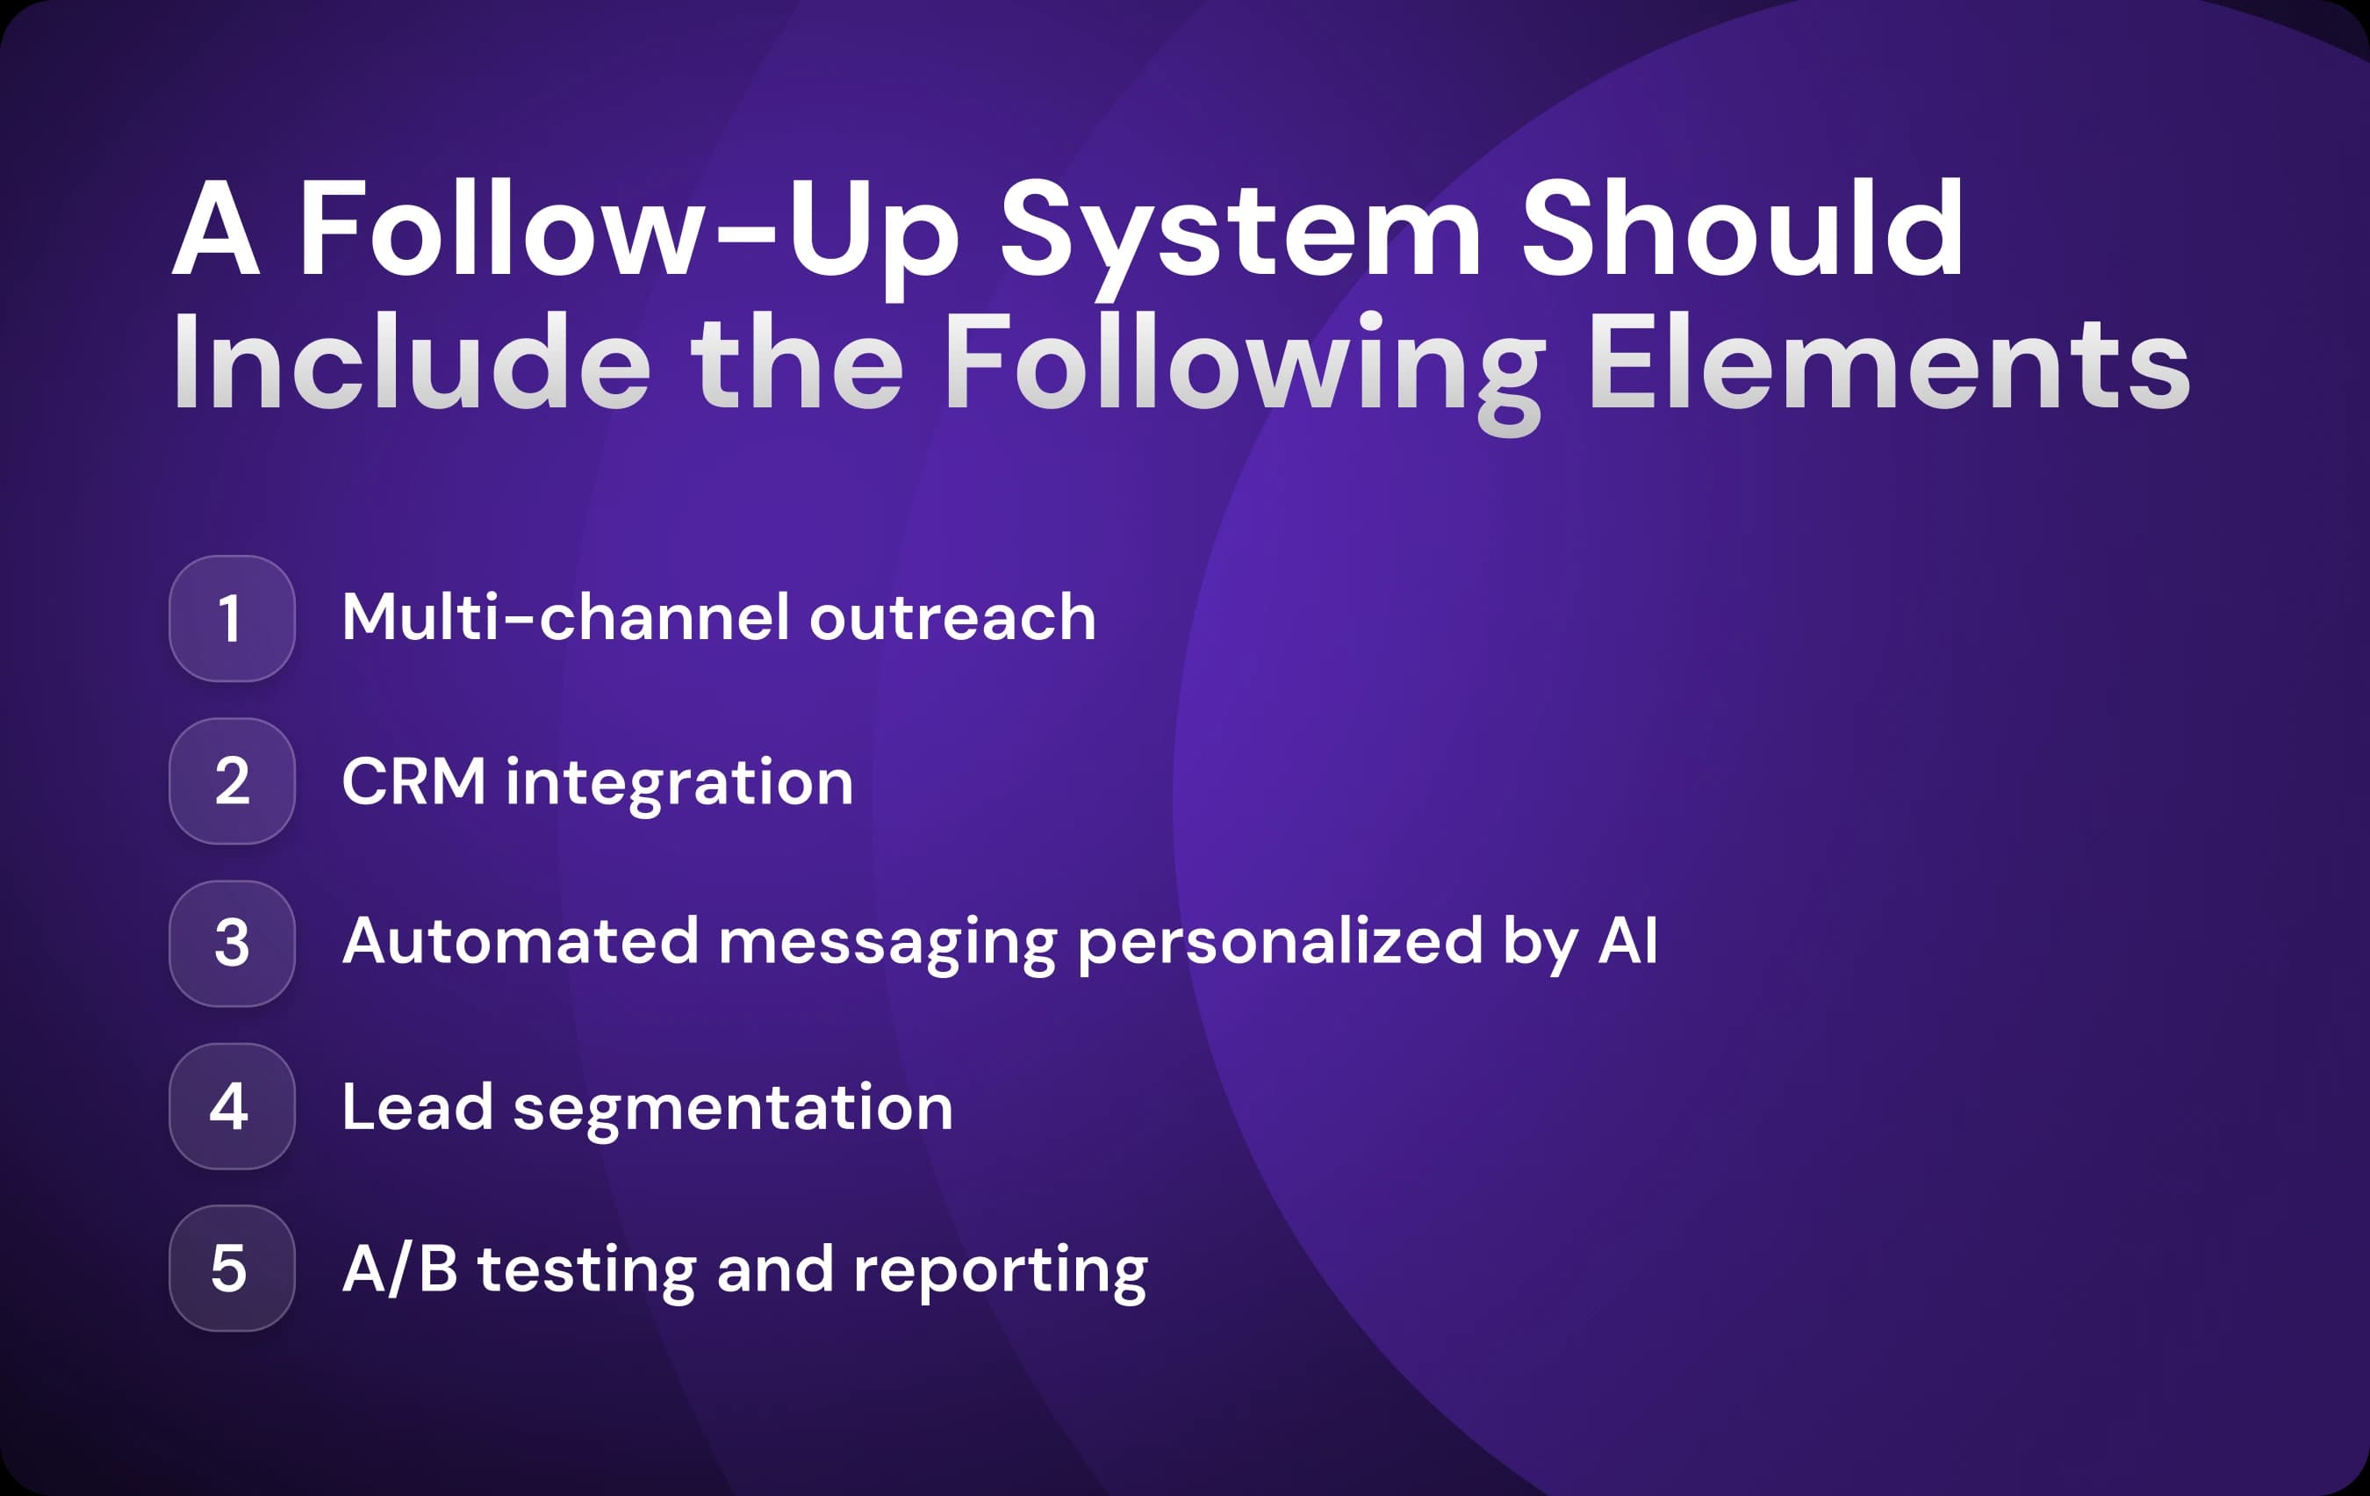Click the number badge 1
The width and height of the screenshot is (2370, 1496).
click(231, 618)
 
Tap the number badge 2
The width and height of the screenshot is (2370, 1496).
click(231, 780)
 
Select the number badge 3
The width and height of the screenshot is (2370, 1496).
click(231, 943)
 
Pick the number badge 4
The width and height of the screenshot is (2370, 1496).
click(231, 1105)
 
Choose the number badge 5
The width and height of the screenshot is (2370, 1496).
click(231, 1268)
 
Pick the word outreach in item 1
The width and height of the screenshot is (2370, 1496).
click(952, 618)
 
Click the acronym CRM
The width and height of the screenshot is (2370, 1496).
click(413, 781)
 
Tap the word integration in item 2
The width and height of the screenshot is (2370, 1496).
click(679, 783)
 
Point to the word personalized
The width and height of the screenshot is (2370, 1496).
click(1280, 943)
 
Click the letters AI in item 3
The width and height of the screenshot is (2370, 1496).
click(1628, 941)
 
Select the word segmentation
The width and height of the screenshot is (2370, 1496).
click(733, 1108)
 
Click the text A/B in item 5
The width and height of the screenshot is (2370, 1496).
click(399, 1269)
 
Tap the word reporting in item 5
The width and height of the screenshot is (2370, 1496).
click(1000, 1271)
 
